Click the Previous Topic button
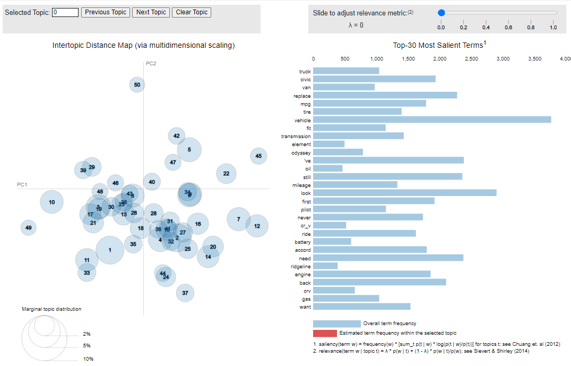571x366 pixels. click(x=105, y=12)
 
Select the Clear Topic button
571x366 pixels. click(x=191, y=12)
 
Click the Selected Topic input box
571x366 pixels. click(x=65, y=12)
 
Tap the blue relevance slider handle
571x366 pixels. click(x=441, y=13)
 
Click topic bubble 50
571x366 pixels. click(x=137, y=84)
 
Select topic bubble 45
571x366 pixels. click(x=258, y=156)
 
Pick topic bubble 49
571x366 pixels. click(x=28, y=228)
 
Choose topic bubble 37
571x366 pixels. click(x=185, y=293)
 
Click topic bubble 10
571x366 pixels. click(x=51, y=202)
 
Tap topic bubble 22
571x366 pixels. click(x=226, y=173)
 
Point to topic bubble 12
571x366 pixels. click(x=257, y=226)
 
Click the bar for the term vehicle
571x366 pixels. click(x=432, y=120)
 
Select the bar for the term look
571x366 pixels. click(x=405, y=193)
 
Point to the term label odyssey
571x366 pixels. click(x=300, y=152)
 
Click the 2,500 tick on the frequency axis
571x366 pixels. click(x=471, y=58)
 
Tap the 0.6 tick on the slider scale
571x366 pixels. click(x=508, y=27)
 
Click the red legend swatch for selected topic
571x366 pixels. click(x=325, y=333)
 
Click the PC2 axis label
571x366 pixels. click(x=151, y=64)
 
